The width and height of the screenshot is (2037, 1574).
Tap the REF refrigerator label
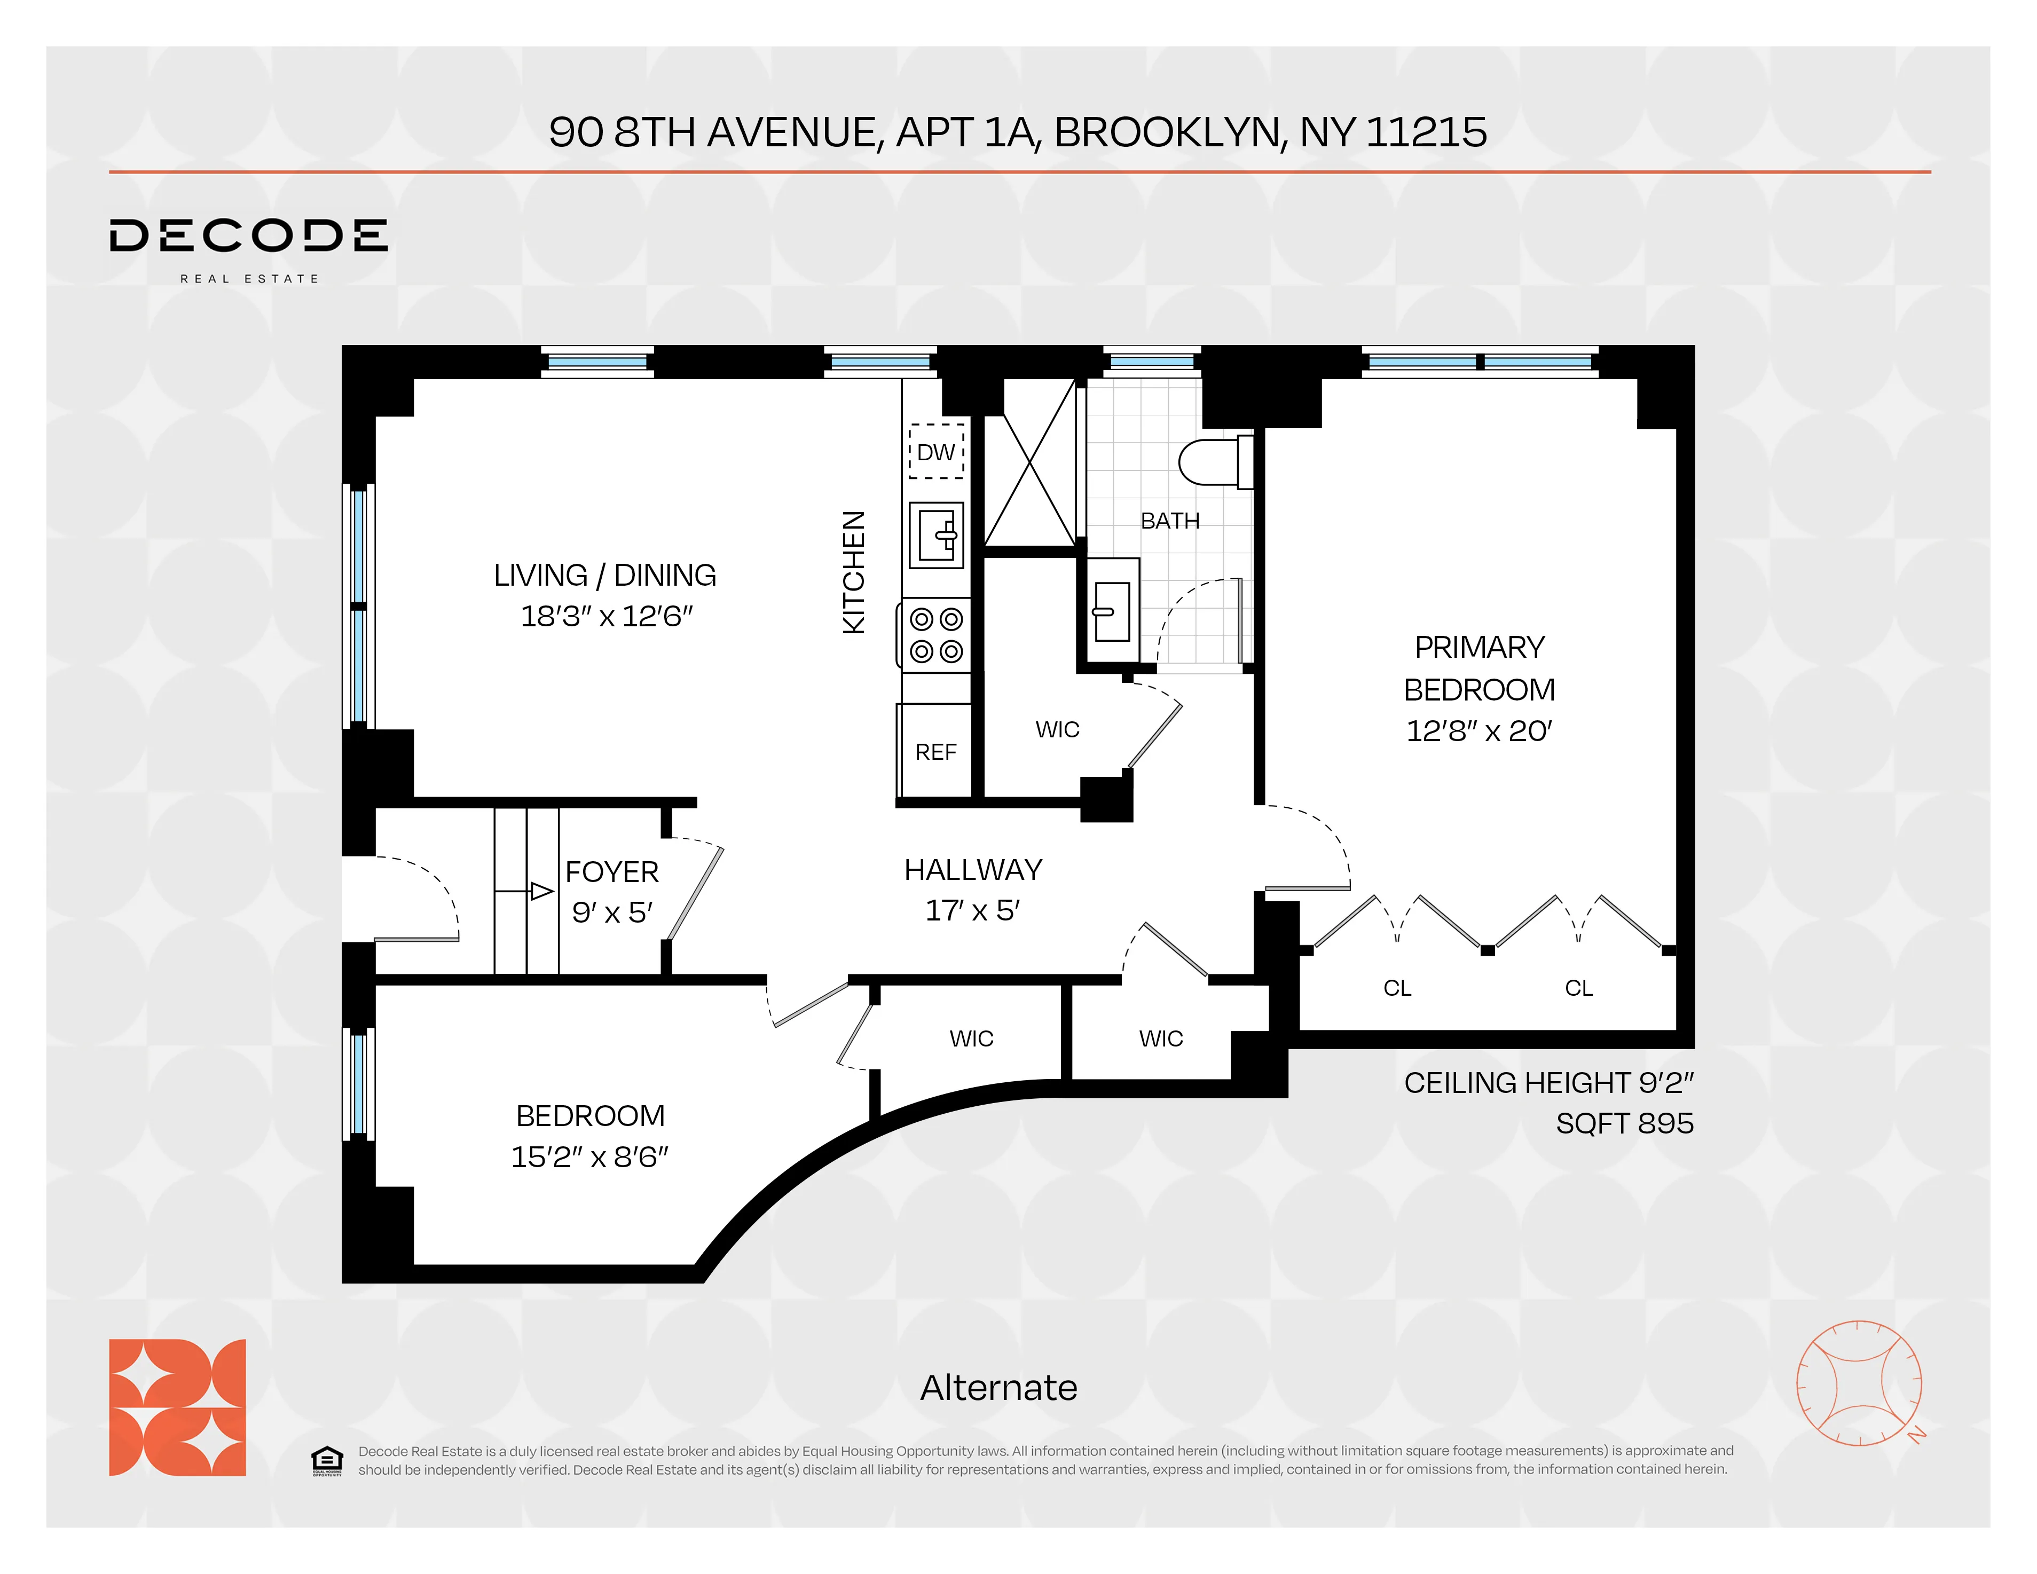coord(935,752)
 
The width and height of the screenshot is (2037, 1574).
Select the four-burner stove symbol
coord(935,635)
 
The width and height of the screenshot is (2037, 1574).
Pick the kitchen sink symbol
coord(935,534)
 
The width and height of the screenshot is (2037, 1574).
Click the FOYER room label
coord(612,872)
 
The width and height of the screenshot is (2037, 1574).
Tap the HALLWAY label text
coord(973,870)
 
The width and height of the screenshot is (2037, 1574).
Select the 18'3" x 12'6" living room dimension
coord(606,616)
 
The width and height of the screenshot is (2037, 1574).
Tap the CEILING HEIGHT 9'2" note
coord(1548,1083)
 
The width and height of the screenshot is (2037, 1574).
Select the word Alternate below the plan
coord(998,1388)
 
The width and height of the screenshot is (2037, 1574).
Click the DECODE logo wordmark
coord(248,236)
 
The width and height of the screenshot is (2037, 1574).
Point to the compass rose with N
coord(1859,1383)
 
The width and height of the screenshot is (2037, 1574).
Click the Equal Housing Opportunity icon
coord(326,1460)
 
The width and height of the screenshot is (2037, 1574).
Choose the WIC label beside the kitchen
coord(1057,729)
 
